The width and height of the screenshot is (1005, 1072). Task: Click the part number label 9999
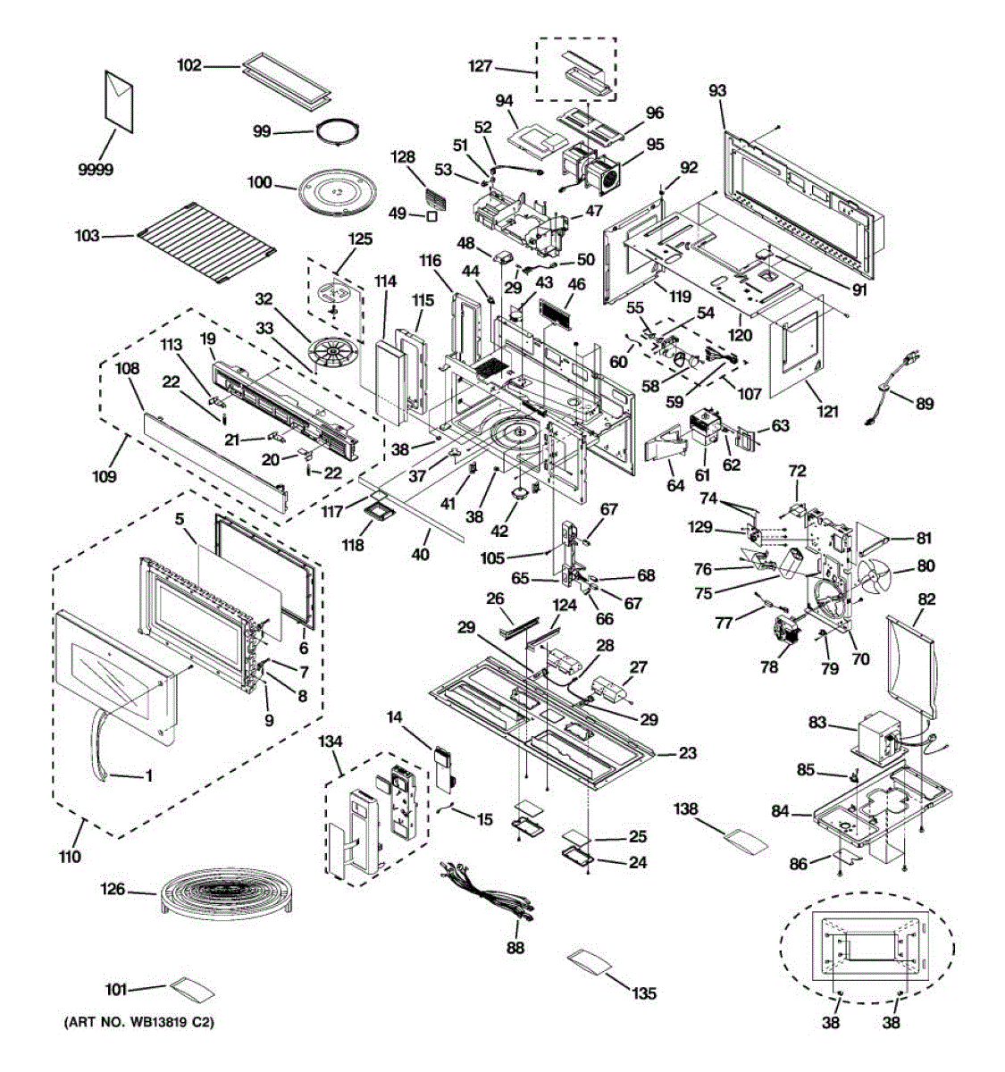click(x=96, y=170)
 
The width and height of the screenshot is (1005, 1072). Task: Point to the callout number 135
click(x=644, y=992)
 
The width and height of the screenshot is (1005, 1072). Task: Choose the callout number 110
click(x=70, y=857)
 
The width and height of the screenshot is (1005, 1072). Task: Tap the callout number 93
click(x=717, y=90)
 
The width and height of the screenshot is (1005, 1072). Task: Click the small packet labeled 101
click(x=192, y=989)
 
